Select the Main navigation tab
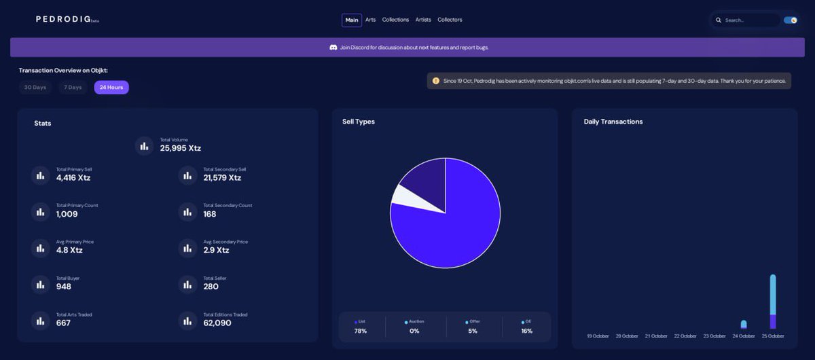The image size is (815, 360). (352, 20)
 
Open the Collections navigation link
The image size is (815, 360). (395, 20)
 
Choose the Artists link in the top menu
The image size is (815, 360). (423, 20)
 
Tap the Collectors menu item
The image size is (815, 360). (450, 20)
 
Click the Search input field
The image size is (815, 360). (747, 20)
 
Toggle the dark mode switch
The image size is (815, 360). (790, 20)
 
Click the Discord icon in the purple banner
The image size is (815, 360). (333, 48)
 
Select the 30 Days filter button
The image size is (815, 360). (35, 88)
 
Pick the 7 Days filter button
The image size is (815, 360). (73, 88)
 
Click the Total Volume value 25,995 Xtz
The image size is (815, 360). (181, 148)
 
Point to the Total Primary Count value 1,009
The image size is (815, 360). (67, 215)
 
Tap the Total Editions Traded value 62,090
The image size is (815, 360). (217, 323)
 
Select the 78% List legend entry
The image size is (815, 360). (361, 327)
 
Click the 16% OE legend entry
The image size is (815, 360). (526, 327)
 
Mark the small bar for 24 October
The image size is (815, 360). (744, 325)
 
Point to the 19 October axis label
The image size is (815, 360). (598, 336)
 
